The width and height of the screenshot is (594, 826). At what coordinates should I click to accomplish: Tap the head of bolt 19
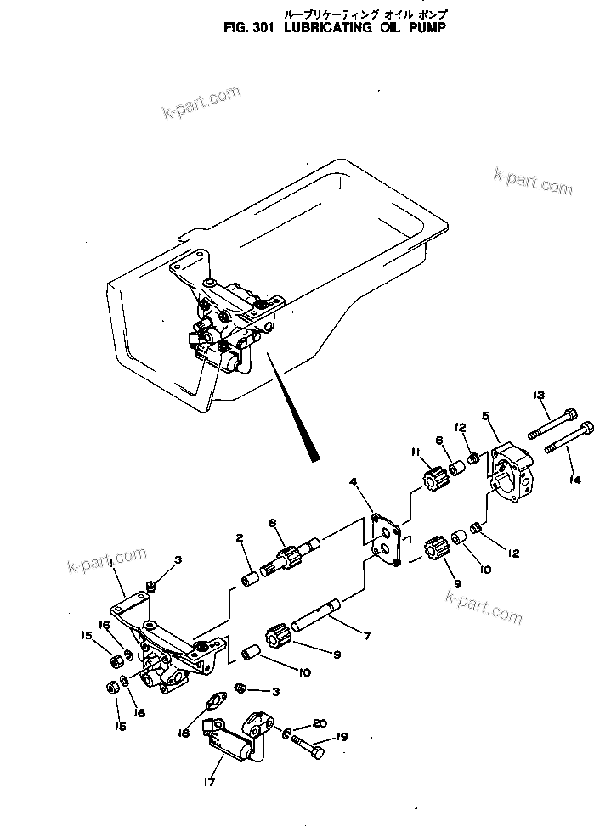(318, 751)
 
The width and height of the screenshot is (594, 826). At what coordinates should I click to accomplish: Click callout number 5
(485, 415)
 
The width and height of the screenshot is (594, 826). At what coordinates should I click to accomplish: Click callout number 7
(367, 634)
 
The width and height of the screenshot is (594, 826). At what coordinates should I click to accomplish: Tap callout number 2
(240, 537)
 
